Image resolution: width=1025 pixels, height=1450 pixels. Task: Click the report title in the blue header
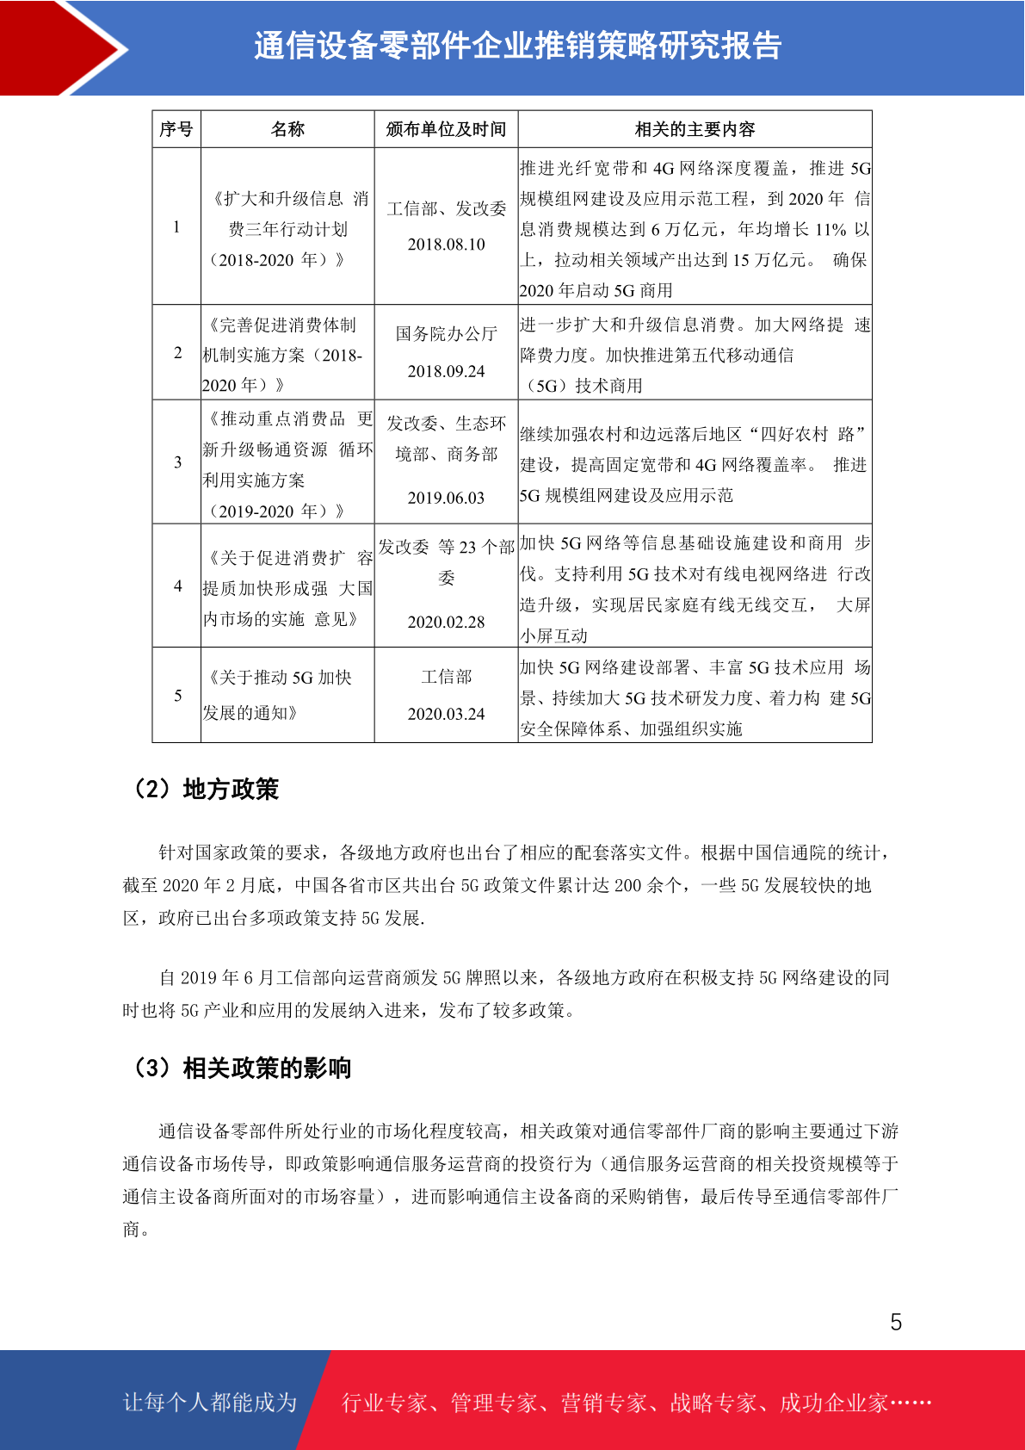517,46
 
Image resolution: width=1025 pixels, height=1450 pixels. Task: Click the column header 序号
176,129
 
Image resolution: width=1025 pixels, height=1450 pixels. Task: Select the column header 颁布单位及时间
446,129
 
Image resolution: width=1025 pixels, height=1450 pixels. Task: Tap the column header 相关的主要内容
695,129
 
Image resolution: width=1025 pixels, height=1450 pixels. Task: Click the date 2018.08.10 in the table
446,245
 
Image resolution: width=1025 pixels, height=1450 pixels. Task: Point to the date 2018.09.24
446,371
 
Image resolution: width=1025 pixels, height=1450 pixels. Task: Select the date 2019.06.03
446,498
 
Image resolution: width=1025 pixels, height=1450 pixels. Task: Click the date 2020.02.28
446,622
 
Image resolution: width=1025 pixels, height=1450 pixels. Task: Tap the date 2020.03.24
446,714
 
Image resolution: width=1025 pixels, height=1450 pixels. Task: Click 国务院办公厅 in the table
446,333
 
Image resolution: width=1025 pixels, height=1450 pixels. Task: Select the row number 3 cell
177,462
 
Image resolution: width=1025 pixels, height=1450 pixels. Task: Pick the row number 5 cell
177,696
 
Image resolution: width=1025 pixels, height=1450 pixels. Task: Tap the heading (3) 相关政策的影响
241,1068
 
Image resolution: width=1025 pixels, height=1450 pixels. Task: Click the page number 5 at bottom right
896,1322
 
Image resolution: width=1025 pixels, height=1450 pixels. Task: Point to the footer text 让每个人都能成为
210,1402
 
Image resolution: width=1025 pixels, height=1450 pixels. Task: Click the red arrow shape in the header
60,47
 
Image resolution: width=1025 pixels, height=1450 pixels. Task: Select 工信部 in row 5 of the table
446,677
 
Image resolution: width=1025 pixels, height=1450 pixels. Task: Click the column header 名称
287,129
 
